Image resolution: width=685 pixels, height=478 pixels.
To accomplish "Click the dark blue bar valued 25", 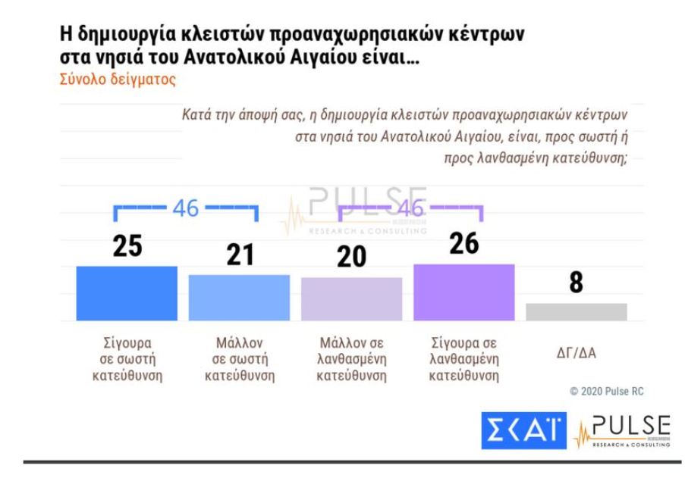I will click(x=127, y=293).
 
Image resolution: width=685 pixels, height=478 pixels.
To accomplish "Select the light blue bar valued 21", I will click(x=239, y=298).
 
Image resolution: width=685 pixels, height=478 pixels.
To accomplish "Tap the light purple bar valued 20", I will click(x=351, y=298).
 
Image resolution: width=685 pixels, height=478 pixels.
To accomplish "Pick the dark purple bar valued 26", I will click(x=463, y=292).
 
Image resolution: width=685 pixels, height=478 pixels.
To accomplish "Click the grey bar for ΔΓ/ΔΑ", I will click(x=577, y=311).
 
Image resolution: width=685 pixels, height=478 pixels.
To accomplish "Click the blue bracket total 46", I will click(x=187, y=210).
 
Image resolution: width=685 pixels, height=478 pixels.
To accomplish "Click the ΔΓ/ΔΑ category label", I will click(x=577, y=351).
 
